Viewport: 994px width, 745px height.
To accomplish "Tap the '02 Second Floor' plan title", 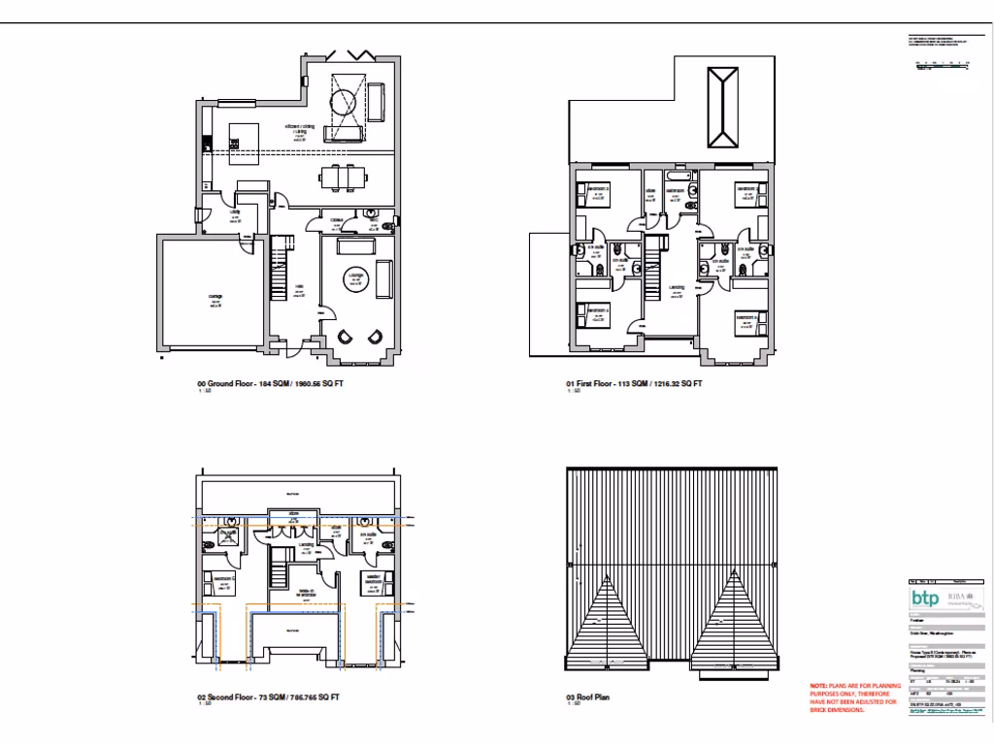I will [268, 696].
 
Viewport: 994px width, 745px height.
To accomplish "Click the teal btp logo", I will [921, 597].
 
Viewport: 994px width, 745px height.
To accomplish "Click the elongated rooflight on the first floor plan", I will [721, 106].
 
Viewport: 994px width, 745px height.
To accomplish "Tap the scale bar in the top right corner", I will [944, 64].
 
